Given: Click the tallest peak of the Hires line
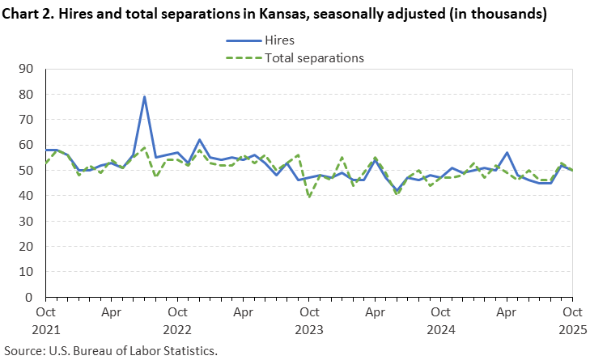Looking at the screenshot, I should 144,97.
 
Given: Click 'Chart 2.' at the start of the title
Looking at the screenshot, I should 28,14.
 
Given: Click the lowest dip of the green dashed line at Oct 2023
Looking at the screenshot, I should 308,197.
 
